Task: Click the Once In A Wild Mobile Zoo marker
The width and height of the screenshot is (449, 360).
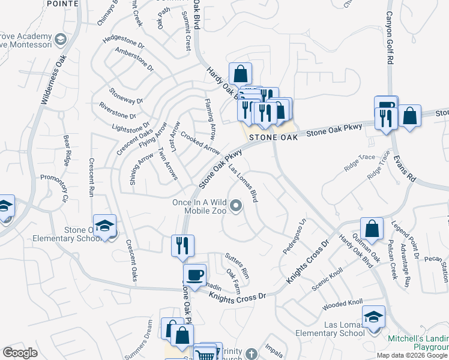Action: (x=236, y=207)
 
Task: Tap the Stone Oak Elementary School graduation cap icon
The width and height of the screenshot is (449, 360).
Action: (x=105, y=226)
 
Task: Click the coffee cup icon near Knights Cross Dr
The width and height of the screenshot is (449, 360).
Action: (x=194, y=275)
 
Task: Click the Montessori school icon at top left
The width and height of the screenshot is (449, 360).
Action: (x=61, y=40)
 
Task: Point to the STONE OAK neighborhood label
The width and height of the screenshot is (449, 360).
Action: (x=274, y=137)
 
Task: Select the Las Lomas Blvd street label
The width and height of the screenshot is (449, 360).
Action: (x=246, y=184)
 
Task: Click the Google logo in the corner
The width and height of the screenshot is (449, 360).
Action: (x=20, y=353)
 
